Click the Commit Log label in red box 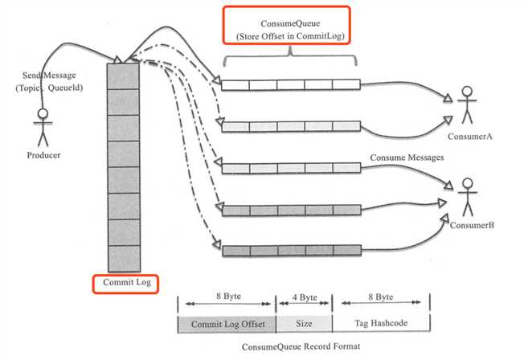point(125,284)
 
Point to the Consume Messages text point(407,157)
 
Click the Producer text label point(43,154)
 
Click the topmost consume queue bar point(290,84)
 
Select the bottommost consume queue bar point(290,250)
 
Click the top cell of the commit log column point(123,76)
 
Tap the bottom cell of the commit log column point(123,258)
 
